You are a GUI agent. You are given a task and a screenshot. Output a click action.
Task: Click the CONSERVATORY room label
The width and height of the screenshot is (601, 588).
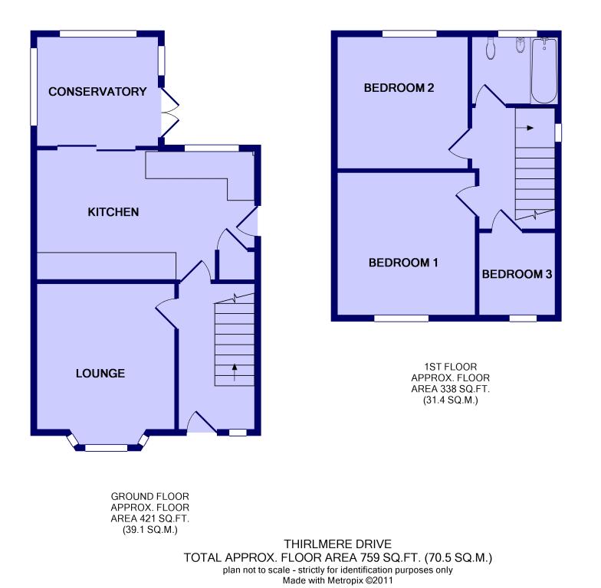97,92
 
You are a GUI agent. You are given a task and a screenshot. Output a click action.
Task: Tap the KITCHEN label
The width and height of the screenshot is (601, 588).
113,212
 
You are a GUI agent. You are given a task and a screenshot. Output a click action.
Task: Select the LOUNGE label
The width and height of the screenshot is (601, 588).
100,374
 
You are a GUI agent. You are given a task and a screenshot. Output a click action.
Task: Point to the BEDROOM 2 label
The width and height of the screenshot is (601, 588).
399,88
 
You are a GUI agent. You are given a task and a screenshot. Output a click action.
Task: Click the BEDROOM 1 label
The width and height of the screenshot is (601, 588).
403,263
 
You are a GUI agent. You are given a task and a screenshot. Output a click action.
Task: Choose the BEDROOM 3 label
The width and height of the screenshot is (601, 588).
517,274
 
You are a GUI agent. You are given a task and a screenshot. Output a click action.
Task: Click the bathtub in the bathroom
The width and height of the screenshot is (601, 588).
544,70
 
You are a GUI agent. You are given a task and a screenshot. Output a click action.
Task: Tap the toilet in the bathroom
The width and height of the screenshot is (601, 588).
491,48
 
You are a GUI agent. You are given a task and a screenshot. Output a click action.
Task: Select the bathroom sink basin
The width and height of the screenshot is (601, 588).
520,44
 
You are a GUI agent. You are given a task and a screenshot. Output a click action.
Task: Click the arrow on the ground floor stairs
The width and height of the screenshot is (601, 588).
235,372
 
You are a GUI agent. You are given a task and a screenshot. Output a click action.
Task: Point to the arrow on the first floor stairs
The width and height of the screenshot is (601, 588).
524,128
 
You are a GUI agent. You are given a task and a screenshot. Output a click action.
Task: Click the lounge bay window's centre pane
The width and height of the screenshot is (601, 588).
106,447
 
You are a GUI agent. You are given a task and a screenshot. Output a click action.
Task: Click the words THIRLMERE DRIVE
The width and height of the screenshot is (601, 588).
337,544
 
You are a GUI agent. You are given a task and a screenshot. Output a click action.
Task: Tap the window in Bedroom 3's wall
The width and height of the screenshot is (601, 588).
523,318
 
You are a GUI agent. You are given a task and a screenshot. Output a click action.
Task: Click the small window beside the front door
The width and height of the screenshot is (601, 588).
238,433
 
